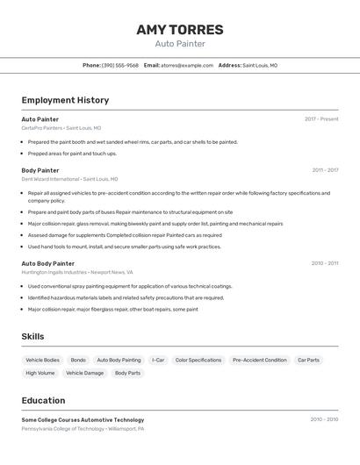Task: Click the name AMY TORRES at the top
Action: [x=180, y=30]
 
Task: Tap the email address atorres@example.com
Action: [x=187, y=65]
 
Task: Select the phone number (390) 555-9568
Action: [x=120, y=65]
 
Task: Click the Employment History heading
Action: [x=65, y=100]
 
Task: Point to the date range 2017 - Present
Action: [x=321, y=119]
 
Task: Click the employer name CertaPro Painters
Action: [x=42, y=128]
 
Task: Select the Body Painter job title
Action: [x=40, y=170]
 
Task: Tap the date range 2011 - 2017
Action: [x=325, y=170]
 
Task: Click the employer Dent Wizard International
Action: [x=50, y=179]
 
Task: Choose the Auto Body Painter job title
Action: [x=48, y=263]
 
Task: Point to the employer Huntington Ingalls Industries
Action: [x=54, y=272]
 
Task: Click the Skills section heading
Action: [x=32, y=336]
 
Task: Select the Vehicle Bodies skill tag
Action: [x=42, y=360]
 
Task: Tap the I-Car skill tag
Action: [x=158, y=360]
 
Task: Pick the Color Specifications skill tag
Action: [x=198, y=360]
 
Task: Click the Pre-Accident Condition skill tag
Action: [x=259, y=360]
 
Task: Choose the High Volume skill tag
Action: [x=40, y=373]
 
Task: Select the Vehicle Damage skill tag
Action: [x=84, y=373]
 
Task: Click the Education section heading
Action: [x=43, y=400]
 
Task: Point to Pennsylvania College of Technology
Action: [x=62, y=429]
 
